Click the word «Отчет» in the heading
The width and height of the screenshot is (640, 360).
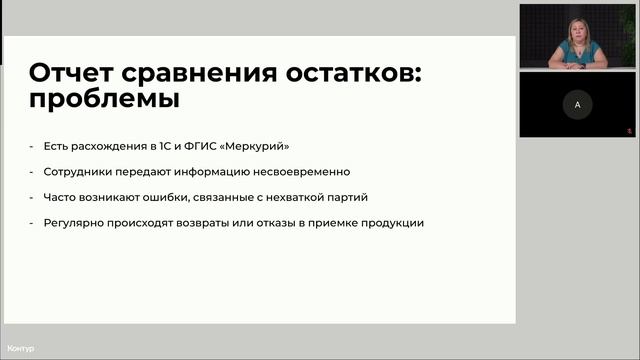point(70,73)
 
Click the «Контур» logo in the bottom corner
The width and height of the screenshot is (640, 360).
point(20,348)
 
